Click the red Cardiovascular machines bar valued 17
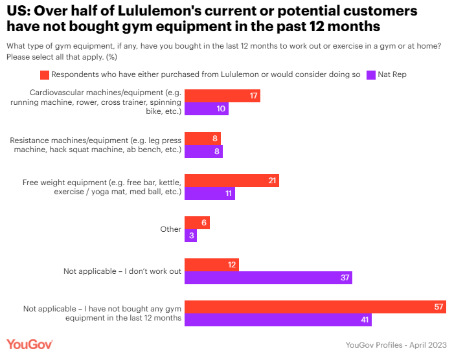click(x=222, y=96)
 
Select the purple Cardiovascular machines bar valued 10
click(x=207, y=109)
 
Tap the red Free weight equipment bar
click(x=231, y=181)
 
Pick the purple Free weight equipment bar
click(x=209, y=194)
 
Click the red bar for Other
click(x=197, y=223)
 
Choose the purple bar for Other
click(x=190, y=236)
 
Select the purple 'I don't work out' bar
click(x=268, y=278)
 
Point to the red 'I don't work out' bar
click(x=212, y=265)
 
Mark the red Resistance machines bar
click(x=203, y=138)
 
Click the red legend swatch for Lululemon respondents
click(x=45, y=74)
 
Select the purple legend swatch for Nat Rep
click(x=372, y=74)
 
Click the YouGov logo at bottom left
click(x=30, y=344)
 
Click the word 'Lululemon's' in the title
click(x=145, y=12)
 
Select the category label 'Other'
click(x=171, y=229)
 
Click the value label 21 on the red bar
click(x=273, y=181)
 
